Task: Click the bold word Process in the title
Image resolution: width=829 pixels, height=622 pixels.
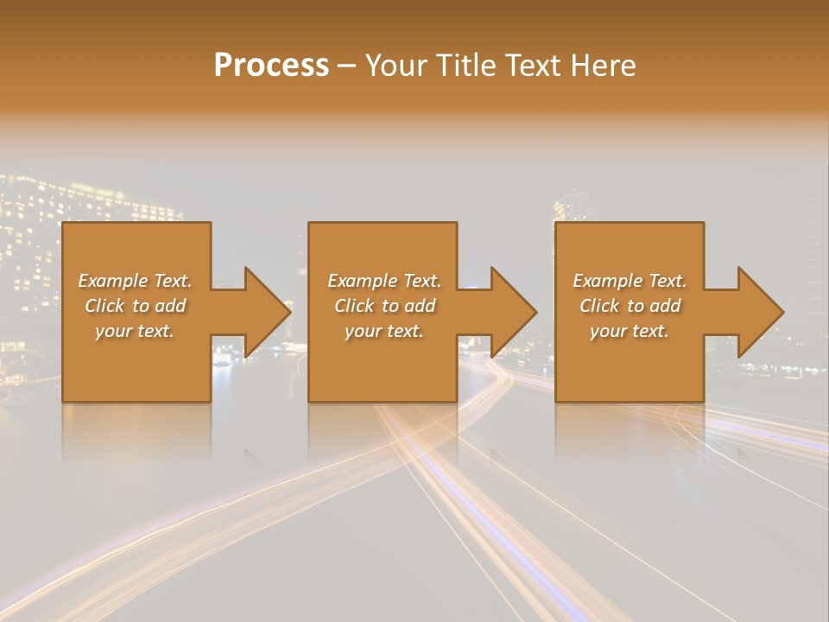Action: (271, 66)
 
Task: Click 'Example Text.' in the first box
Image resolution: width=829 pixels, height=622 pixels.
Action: (135, 281)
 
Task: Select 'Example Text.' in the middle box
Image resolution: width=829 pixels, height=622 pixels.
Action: (384, 281)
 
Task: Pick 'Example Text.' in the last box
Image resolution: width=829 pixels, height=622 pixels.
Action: (630, 281)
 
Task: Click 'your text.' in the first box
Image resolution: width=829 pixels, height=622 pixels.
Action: (135, 331)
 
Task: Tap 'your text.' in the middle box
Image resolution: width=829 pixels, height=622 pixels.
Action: (384, 331)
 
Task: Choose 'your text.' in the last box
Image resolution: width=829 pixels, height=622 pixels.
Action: (630, 331)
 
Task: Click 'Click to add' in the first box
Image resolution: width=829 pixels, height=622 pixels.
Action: (135, 306)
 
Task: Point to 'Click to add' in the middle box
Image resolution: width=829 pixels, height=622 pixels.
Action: (384, 306)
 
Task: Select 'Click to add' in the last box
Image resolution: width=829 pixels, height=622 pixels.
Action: (630, 306)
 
